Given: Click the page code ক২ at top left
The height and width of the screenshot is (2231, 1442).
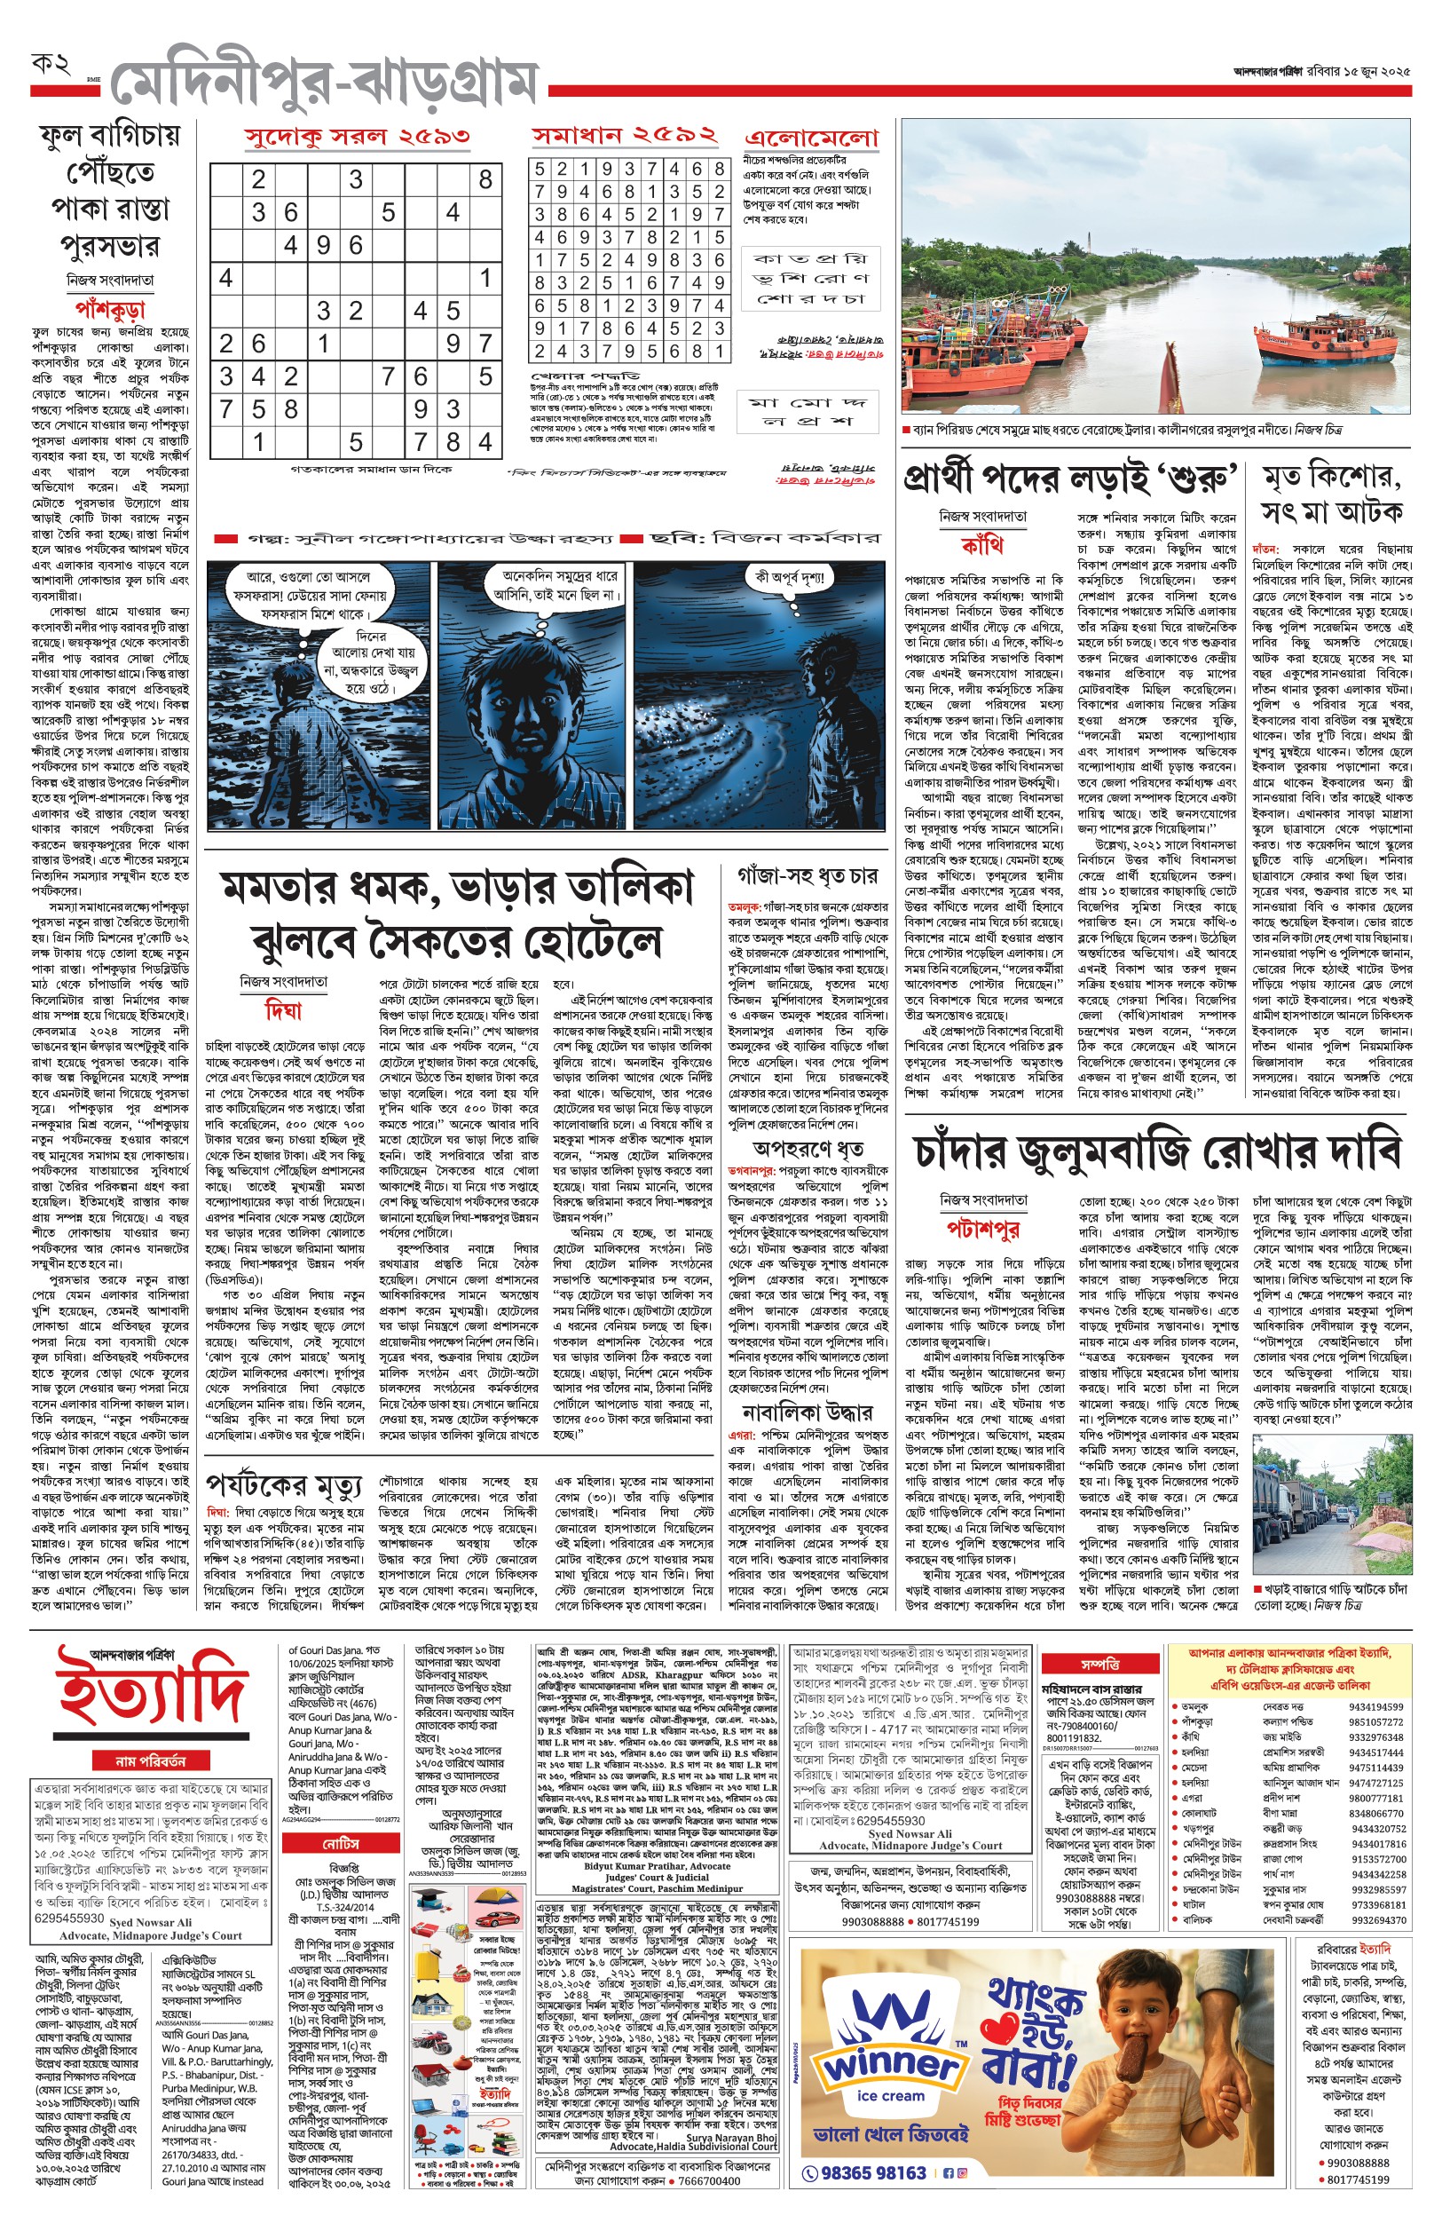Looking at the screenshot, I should pyautogui.click(x=51, y=65).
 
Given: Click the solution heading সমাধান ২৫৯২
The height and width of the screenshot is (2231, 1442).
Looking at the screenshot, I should pyautogui.click(x=625, y=136).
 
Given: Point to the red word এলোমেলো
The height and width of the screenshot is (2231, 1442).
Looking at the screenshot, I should pyautogui.click(x=812, y=138).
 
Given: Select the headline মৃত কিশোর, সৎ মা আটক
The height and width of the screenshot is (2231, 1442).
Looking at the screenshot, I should pyautogui.click(x=1331, y=494).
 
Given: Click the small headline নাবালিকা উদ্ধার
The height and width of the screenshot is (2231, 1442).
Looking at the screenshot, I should pyautogui.click(x=808, y=1412).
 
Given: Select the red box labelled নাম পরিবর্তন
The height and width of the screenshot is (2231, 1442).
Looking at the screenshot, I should pyautogui.click(x=151, y=1760).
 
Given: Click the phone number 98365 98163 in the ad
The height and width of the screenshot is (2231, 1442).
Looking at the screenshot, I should pyautogui.click(x=873, y=2173).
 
